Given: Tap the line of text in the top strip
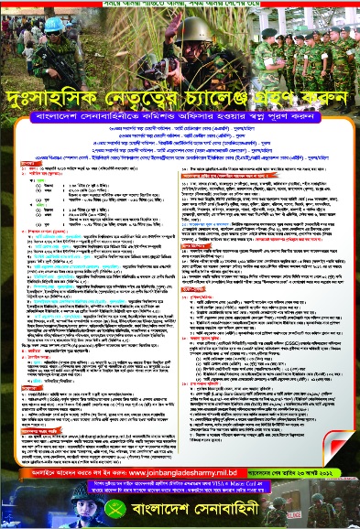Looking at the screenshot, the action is tap(180, 4).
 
